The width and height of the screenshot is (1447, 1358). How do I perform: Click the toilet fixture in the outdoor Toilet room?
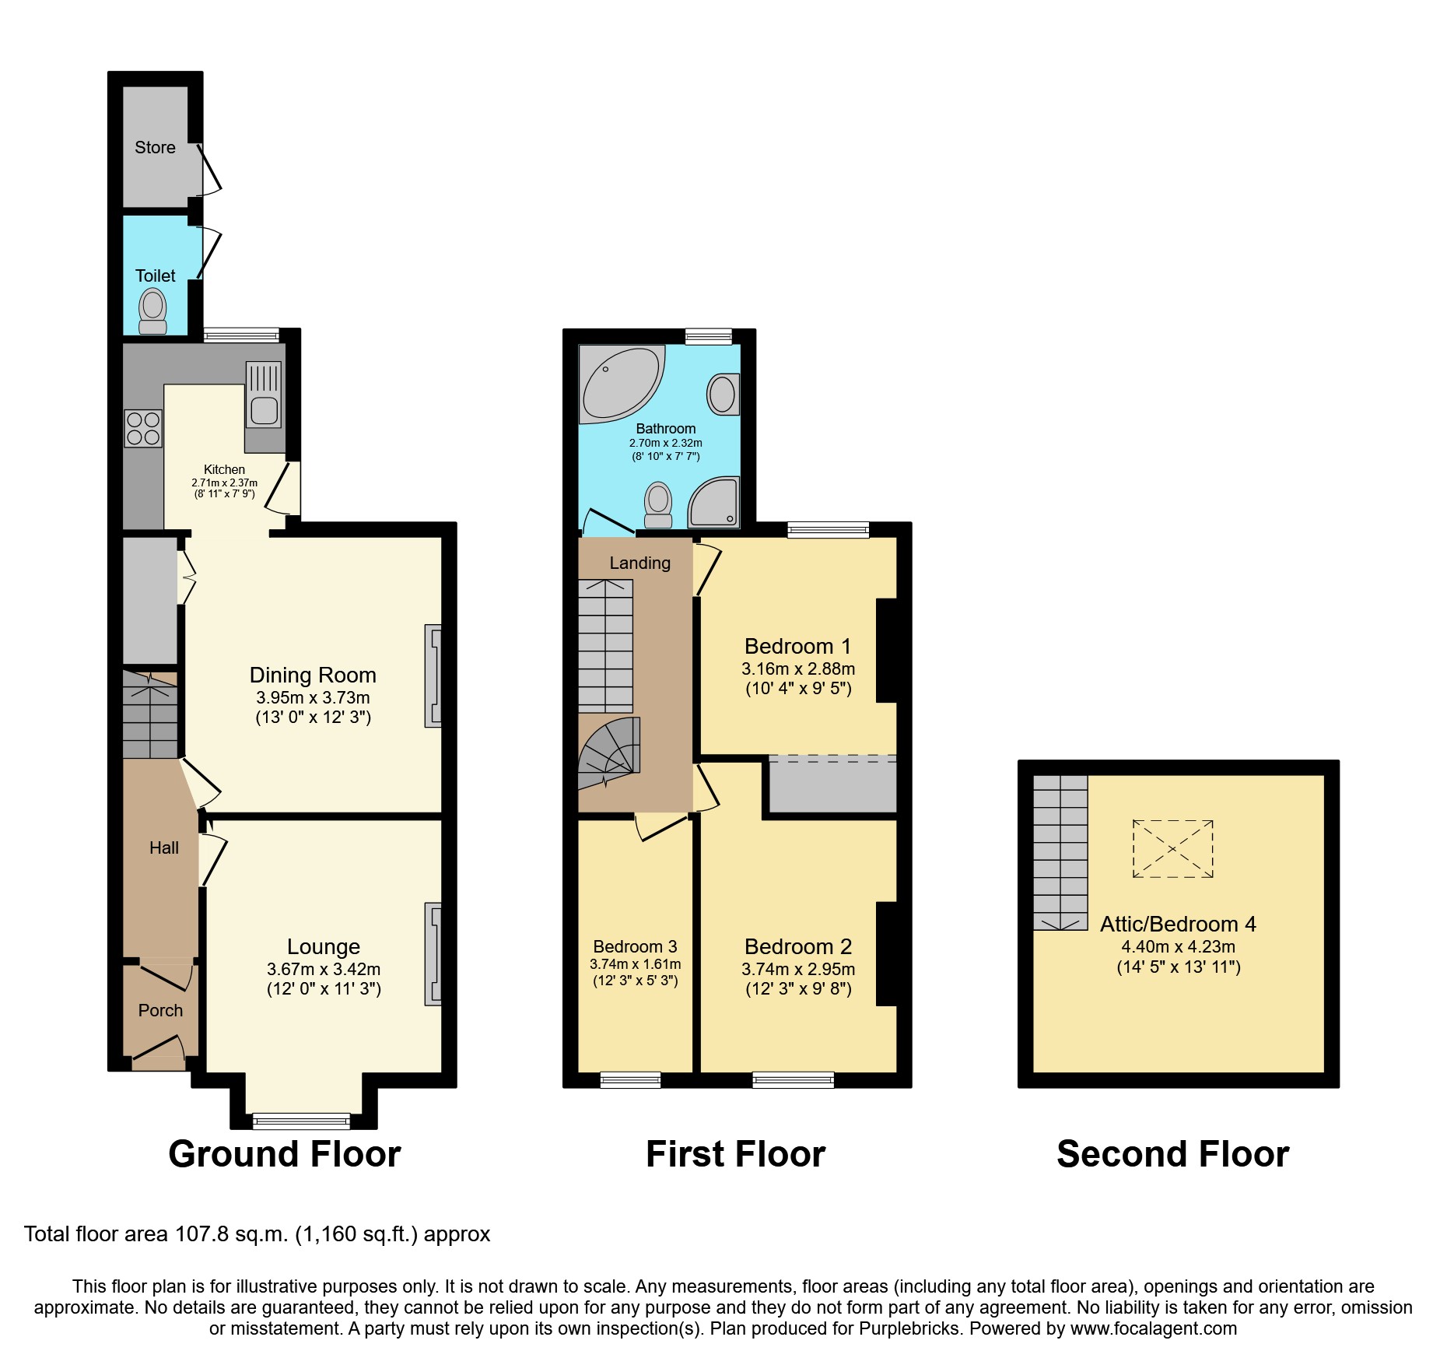pos(152,311)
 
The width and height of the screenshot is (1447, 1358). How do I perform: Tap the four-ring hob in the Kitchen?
pos(143,428)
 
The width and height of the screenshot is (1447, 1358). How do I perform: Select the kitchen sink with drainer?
pos(264,395)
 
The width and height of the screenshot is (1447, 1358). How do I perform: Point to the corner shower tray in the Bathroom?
pos(713,503)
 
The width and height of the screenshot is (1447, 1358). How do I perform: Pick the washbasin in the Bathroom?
pos(723,394)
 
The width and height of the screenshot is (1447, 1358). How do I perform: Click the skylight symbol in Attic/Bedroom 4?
pos(1172,849)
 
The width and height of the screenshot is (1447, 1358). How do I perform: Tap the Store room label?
pos(155,147)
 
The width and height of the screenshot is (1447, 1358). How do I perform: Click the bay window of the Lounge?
pos(301,1121)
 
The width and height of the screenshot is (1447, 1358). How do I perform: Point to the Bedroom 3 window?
pos(630,1079)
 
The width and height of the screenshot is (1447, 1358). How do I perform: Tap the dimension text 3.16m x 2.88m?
pos(798,668)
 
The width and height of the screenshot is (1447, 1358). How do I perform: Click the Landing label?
pos(639,563)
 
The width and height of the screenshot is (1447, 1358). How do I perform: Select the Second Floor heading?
pos(1172,1153)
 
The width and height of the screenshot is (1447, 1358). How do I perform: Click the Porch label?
pos(160,1010)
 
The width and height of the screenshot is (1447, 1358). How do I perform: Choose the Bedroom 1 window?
pos(828,531)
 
